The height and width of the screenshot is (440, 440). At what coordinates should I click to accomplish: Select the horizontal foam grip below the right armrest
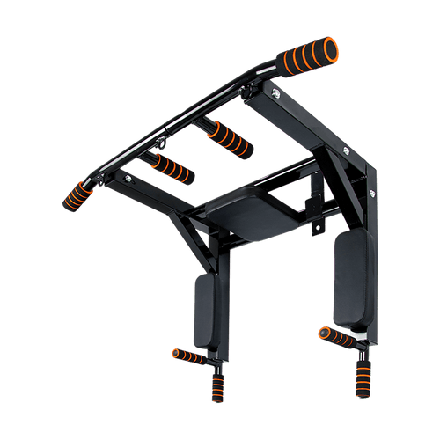click(x=337, y=339)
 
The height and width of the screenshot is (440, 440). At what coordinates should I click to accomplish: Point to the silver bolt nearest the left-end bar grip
click(x=130, y=180)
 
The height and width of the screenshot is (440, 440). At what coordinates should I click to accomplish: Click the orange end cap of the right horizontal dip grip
click(x=324, y=333)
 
